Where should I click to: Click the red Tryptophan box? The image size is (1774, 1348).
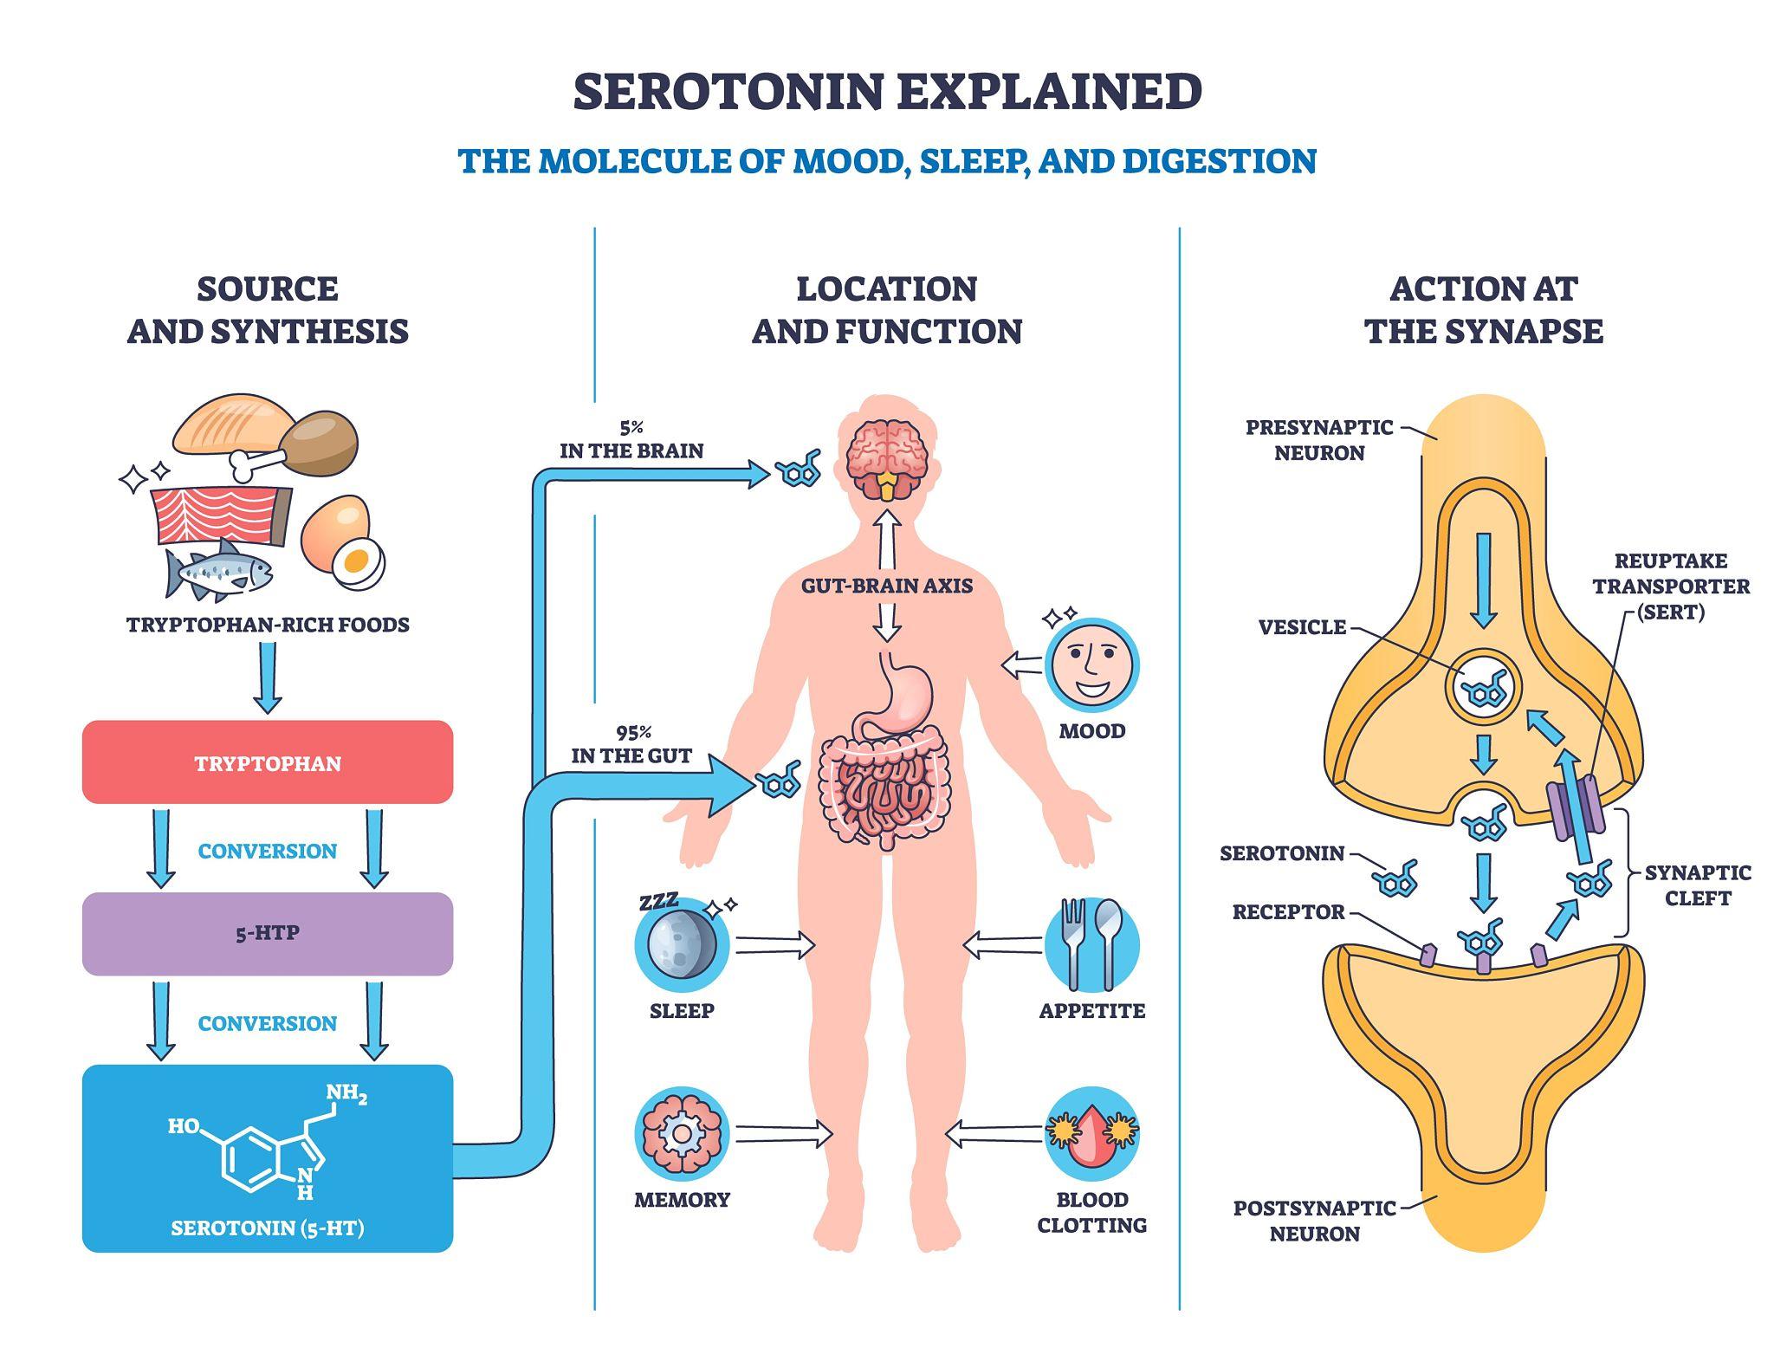(267, 762)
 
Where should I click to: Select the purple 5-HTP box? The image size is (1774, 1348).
(267, 933)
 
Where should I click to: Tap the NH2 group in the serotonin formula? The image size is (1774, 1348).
(346, 1095)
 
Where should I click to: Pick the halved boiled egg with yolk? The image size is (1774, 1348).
(358, 562)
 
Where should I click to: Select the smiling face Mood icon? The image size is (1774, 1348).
(1091, 665)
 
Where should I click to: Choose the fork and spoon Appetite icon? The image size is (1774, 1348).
(1091, 944)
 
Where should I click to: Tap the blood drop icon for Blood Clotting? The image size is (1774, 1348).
(1091, 1134)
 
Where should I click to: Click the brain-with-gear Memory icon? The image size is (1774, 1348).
(682, 1134)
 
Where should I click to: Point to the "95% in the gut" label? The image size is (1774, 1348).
(631, 744)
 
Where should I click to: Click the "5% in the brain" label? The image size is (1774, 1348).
(631, 439)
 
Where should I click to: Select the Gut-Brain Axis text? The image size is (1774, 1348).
(886, 586)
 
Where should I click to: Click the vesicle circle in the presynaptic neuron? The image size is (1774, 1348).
(1483, 689)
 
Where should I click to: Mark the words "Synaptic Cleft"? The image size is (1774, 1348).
(1697, 885)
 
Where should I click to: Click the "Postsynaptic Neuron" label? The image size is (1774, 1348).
(1314, 1220)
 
